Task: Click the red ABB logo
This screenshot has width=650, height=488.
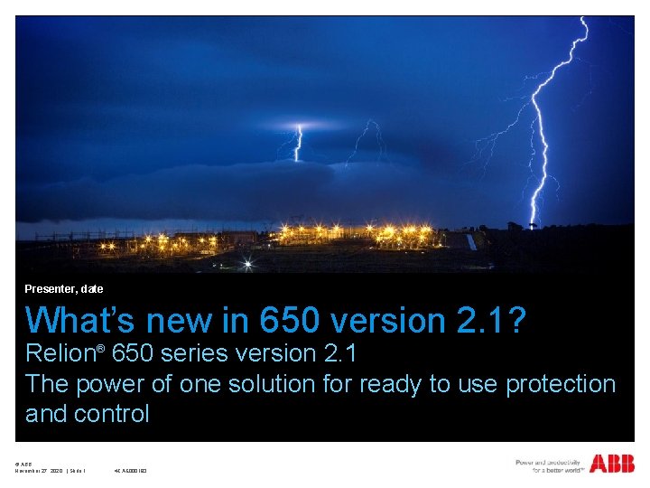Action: point(612,465)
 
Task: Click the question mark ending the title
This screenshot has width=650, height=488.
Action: point(517,321)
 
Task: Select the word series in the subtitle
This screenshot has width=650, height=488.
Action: point(200,354)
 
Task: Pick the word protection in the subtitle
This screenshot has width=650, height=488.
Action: point(560,384)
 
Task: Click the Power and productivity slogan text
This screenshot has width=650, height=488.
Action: point(549,465)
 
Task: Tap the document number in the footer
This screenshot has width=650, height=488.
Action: point(131,471)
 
